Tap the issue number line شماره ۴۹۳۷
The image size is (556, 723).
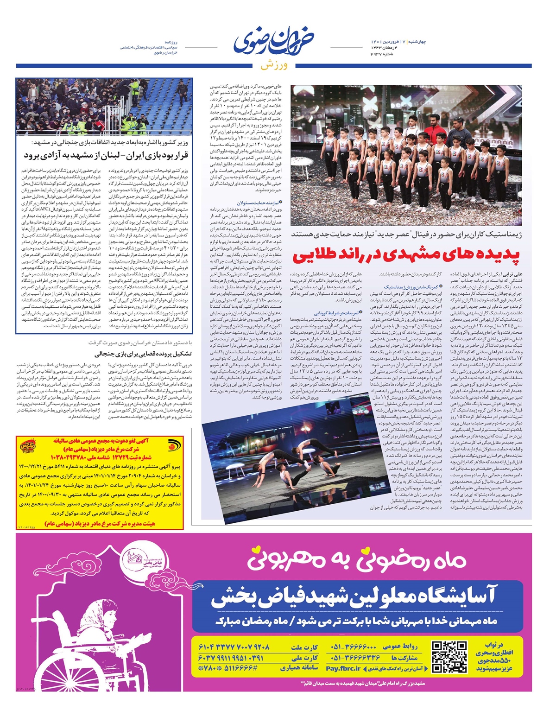tap(382, 54)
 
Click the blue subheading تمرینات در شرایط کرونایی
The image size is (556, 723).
tap(333, 313)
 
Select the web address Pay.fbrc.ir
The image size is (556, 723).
tap(343, 668)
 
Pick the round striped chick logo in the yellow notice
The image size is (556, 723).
tap(171, 447)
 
